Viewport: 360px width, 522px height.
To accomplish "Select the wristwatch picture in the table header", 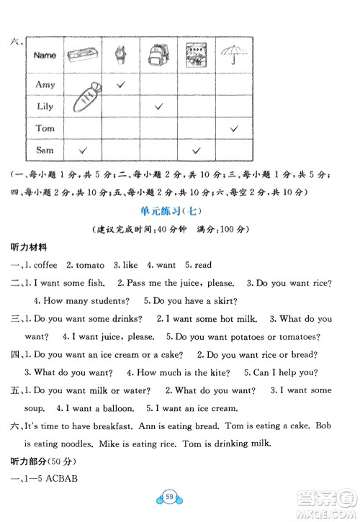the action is pos(120,55).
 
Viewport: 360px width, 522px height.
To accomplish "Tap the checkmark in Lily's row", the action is pos(159,107).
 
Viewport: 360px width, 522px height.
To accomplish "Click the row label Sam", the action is pos(45,150).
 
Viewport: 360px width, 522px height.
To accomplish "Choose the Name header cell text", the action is pos(45,55).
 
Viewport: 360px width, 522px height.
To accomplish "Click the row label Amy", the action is pos(45,85).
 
